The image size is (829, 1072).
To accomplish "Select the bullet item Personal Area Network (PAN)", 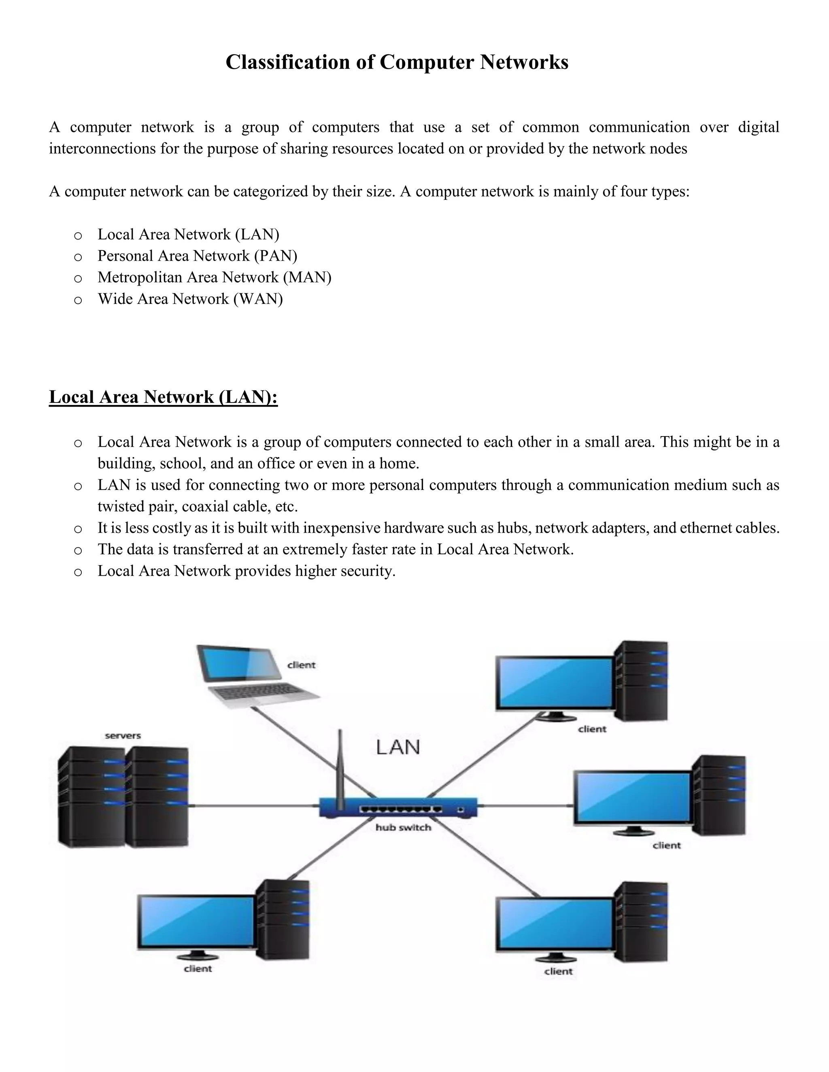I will [197, 256].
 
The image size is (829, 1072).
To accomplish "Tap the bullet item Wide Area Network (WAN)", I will [190, 299].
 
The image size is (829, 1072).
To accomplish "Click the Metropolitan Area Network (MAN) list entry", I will [214, 278].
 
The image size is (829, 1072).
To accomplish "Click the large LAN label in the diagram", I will [398, 747].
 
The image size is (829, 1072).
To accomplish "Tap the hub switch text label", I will [403, 828].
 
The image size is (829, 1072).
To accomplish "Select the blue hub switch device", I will [398, 807].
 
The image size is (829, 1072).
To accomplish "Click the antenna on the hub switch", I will [339, 766].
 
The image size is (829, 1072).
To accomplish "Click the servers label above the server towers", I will [123, 736].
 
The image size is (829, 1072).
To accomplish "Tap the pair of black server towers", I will [123, 798].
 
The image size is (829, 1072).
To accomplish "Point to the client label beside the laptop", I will [301, 665].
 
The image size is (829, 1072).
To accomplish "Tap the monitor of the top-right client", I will [554, 683].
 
